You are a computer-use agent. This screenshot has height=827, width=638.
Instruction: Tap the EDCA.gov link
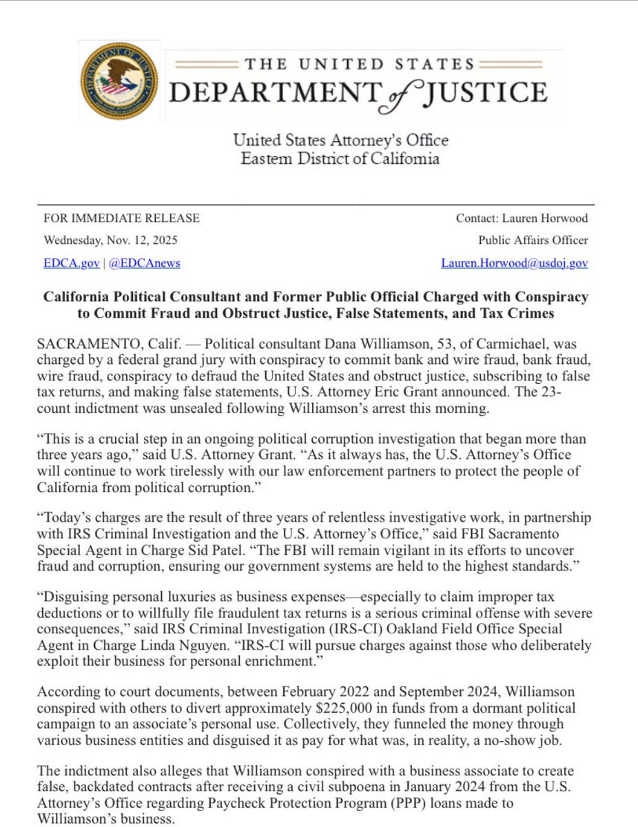click(65, 263)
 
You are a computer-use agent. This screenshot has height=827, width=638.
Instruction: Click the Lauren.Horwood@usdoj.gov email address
click(515, 263)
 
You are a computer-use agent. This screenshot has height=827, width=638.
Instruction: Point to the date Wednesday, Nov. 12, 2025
click(110, 241)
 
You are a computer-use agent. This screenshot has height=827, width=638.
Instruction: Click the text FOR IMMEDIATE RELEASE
click(121, 218)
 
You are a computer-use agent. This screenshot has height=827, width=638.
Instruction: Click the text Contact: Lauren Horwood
click(522, 218)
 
